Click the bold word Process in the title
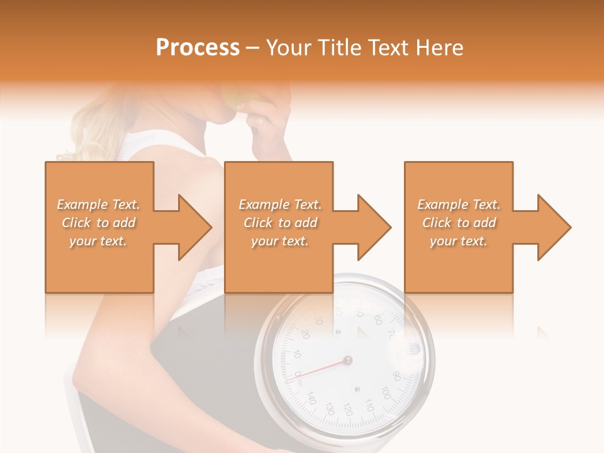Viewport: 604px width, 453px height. [198, 48]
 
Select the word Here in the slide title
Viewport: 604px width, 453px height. [440, 48]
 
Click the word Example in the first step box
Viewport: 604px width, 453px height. [81, 204]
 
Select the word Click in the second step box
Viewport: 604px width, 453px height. [257, 223]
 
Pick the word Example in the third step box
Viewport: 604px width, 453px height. [442, 204]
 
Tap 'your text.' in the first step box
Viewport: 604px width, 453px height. [98, 241]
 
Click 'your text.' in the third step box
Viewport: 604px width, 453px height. [459, 241]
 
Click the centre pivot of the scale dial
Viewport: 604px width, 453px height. [347, 361]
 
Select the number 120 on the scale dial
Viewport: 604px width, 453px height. [347, 410]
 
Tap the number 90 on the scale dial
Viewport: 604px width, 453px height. [396, 376]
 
